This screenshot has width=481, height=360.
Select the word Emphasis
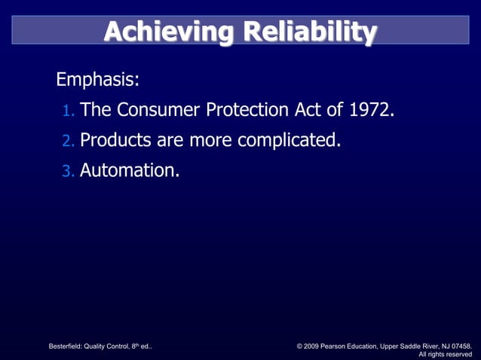click(97, 80)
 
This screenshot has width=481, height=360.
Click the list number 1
click(68, 112)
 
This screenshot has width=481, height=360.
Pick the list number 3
click(68, 172)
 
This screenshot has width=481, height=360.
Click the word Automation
click(130, 171)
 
